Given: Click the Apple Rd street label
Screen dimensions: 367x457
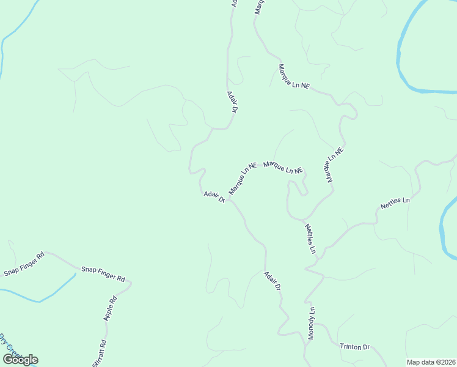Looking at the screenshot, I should click(x=111, y=309).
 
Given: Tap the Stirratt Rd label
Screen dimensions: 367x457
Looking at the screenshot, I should click(x=100, y=354).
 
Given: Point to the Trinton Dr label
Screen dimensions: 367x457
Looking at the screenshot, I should click(x=355, y=347).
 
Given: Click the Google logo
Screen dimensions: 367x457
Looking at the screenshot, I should click(x=20, y=360).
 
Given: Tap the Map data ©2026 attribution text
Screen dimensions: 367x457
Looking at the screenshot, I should click(x=431, y=362).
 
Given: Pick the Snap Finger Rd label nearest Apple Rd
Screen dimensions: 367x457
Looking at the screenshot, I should click(x=103, y=273).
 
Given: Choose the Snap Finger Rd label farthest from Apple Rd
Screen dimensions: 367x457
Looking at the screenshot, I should click(x=24, y=264).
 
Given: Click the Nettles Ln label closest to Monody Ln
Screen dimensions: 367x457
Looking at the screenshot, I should click(x=310, y=239).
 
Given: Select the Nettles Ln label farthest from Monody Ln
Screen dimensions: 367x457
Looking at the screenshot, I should click(x=395, y=203).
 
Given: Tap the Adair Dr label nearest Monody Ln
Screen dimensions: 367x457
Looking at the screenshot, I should click(x=272, y=280).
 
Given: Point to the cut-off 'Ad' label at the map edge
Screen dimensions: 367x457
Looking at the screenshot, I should click(x=233, y=4).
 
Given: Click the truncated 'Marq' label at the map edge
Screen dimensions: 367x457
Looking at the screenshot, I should click(x=258, y=7).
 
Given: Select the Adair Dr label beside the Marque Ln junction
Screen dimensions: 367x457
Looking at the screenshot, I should click(x=214, y=196).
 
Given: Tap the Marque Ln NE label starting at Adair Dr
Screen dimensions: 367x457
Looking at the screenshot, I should click(x=243, y=178).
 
